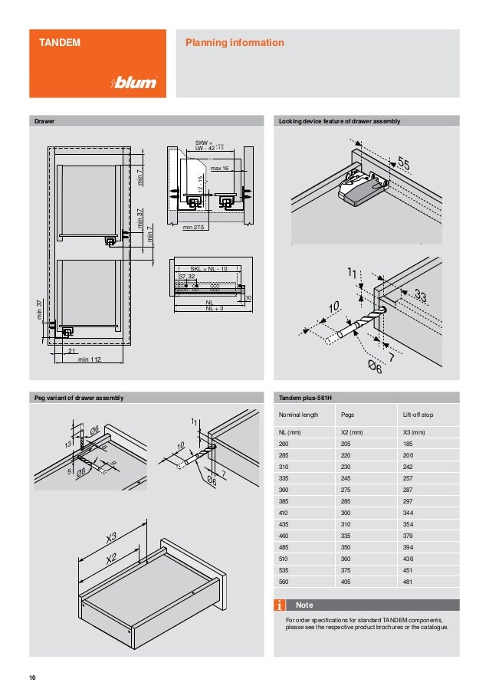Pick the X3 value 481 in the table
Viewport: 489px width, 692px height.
click(410, 582)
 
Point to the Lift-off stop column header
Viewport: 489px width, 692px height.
click(418, 415)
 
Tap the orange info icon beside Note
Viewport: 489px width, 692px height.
click(281, 605)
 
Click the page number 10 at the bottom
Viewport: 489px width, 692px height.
click(32, 677)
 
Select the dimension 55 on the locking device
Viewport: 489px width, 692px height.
click(404, 164)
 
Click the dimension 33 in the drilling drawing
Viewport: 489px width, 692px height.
click(420, 295)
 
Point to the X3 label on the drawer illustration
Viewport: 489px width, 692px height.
click(112, 537)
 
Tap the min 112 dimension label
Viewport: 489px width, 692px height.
click(90, 359)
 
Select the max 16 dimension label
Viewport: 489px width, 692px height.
click(219, 168)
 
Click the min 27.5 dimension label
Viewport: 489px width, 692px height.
click(195, 228)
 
